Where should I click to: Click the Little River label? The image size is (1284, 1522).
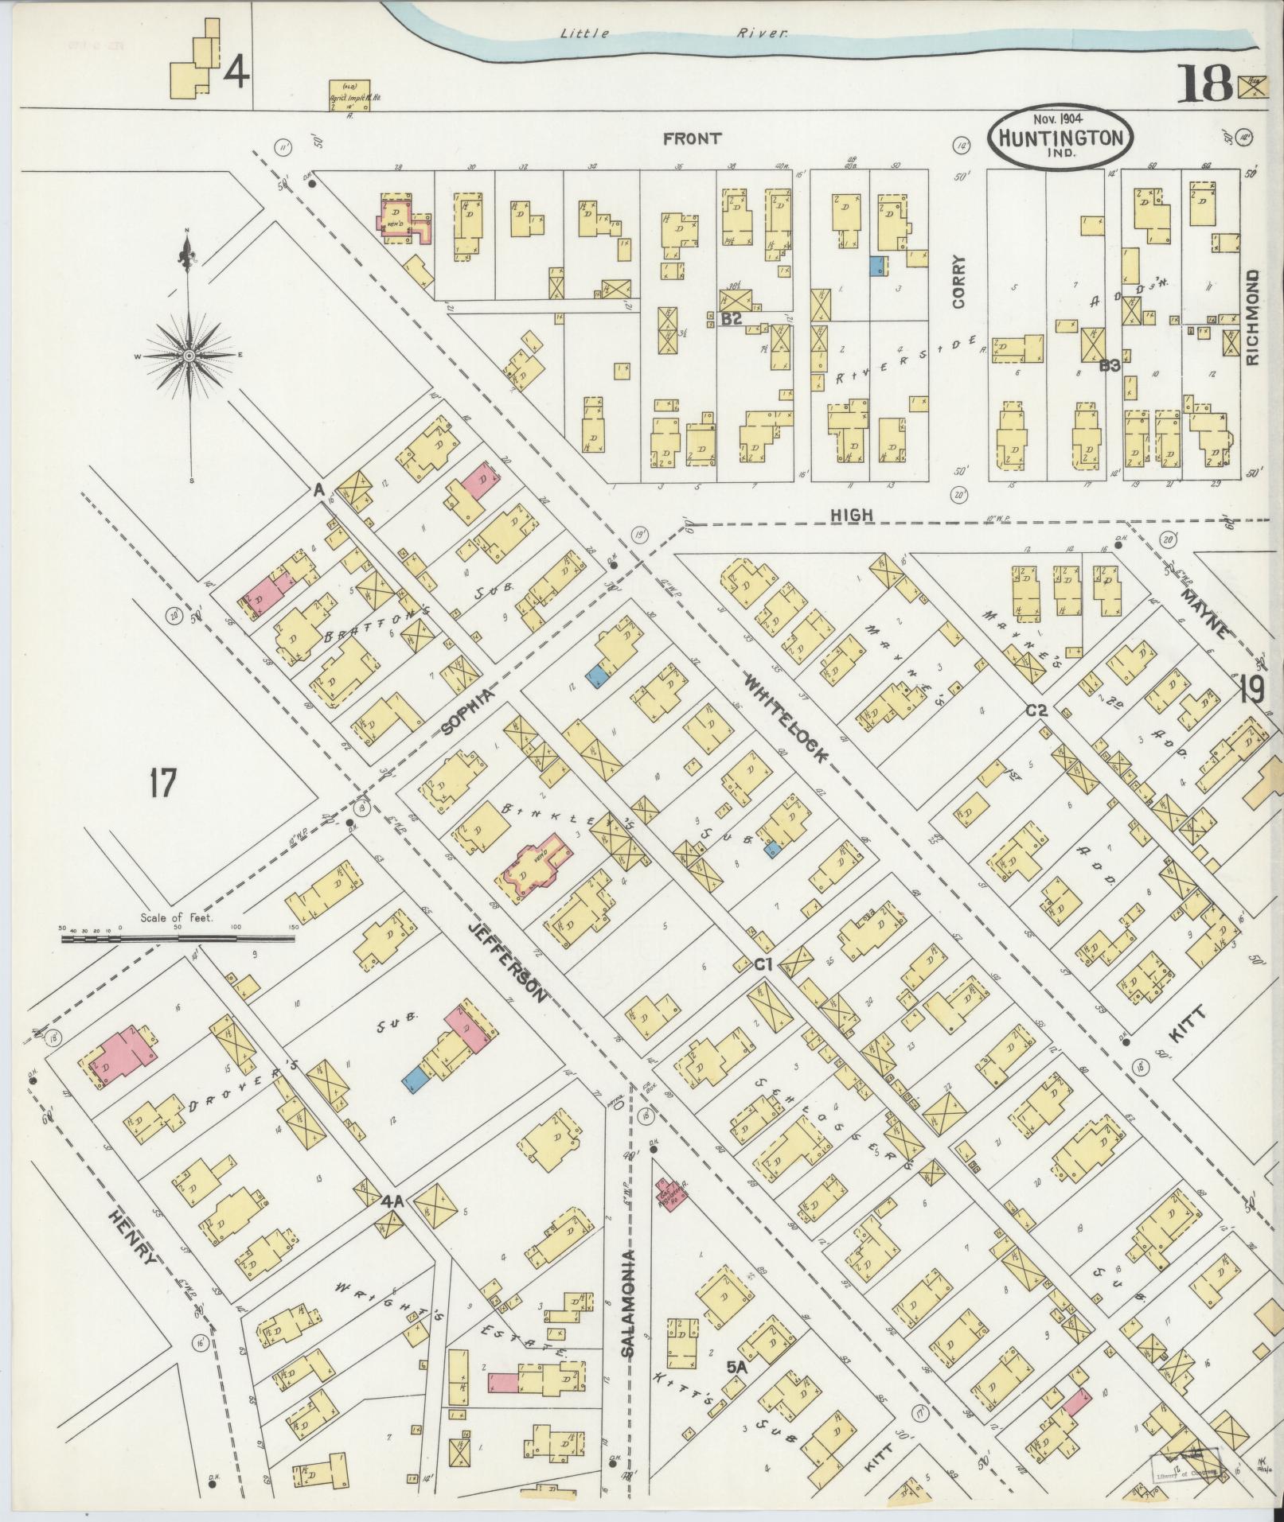[673, 33]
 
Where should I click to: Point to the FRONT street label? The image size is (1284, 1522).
[693, 138]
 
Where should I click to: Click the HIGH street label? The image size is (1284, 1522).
[852, 516]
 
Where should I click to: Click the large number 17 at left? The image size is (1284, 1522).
[162, 784]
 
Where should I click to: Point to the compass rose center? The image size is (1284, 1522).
[189, 356]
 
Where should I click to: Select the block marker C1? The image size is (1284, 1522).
[764, 964]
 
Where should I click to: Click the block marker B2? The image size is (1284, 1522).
[731, 320]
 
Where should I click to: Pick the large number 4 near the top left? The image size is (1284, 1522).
[236, 73]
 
